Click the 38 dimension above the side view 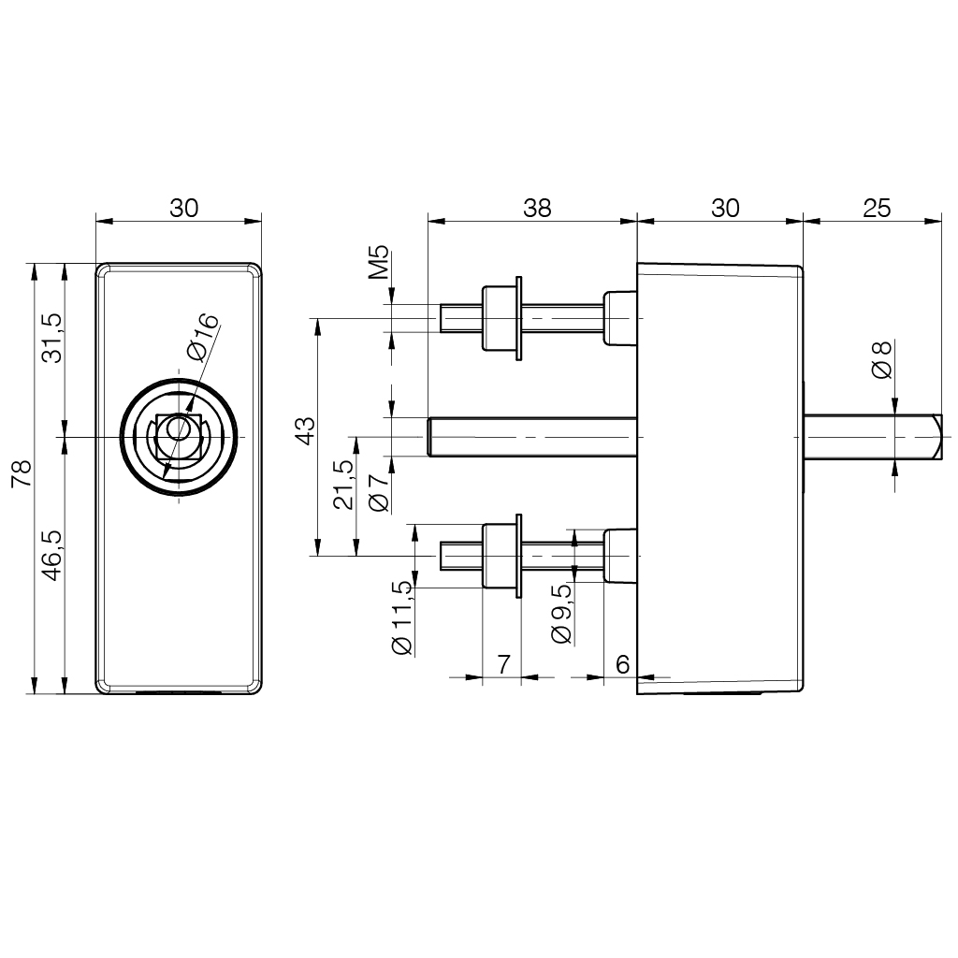537,208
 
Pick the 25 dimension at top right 877,208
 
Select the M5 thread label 379,265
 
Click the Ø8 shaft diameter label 881,360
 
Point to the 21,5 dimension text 343,484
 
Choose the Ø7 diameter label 379,492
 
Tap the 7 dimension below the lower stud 502,664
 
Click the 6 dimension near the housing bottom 621,664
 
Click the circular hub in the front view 179,438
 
